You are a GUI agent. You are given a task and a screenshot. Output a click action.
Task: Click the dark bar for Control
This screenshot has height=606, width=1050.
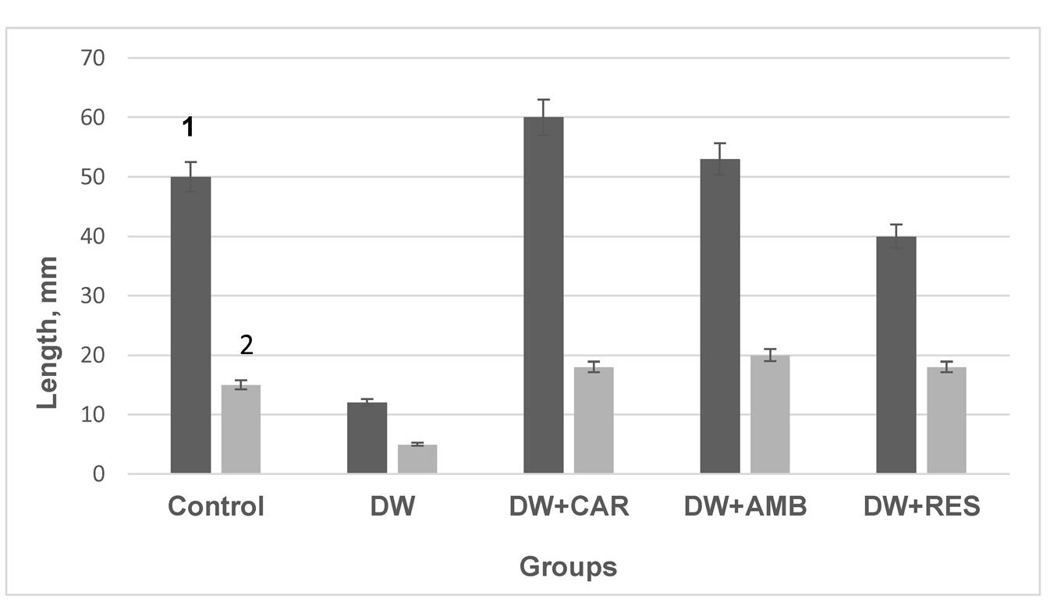pos(190,324)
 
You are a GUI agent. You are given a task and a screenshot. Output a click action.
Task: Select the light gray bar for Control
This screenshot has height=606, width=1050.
pos(241,429)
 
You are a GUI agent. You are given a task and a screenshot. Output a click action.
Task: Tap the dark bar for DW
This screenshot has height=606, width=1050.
pos(367,438)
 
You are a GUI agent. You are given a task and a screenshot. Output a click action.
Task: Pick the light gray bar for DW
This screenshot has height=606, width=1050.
pos(417,459)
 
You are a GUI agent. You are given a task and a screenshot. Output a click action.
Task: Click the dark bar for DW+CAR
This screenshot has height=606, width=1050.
pos(543,295)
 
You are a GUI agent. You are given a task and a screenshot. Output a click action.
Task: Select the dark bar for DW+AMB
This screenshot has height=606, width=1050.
pos(719,316)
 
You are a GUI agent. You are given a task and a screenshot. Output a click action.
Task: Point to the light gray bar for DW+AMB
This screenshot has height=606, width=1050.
pos(770,414)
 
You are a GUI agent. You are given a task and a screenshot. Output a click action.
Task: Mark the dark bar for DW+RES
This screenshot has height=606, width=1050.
pos(896,354)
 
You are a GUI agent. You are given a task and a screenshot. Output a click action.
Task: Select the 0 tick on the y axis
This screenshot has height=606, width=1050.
pos(98,473)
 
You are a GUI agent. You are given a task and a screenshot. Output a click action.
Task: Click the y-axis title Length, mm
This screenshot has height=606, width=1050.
pos(48,332)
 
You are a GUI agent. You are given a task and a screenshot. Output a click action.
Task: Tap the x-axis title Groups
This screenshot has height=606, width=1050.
pos(568,567)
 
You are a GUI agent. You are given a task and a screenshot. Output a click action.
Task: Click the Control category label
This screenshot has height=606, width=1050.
pos(216,507)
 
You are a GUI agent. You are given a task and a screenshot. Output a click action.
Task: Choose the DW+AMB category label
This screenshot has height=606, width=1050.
pos(745,507)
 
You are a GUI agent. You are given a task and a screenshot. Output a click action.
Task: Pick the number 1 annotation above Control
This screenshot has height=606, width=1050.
pos(187,126)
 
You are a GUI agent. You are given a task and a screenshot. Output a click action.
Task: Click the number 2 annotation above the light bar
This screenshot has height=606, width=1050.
pos(247,346)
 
